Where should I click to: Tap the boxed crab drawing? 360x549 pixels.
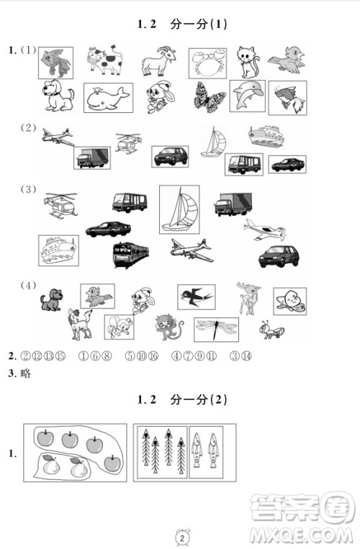(x=207, y=63)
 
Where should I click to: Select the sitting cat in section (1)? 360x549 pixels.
(x=249, y=60)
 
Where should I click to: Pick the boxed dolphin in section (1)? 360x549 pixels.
(x=248, y=96)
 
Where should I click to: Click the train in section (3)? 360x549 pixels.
(x=130, y=253)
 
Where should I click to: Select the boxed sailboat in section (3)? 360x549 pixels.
(x=179, y=209)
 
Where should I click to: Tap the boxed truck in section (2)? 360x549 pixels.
(x=91, y=158)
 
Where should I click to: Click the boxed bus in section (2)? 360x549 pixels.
(x=244, y=163)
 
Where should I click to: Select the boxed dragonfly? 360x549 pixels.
(x=216, y=327)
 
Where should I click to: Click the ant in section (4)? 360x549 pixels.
(x=271, y=330)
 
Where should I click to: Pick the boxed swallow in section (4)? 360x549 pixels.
(x=197, y=296)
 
